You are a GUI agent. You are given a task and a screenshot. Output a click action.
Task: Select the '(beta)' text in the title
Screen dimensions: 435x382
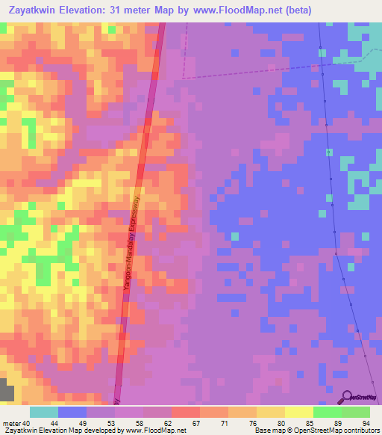(x=298, y=10)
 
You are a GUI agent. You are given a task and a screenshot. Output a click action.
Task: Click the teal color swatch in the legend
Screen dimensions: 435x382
(x=44, y=412)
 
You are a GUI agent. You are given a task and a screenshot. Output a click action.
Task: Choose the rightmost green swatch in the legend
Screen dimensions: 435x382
(x=356, y=412)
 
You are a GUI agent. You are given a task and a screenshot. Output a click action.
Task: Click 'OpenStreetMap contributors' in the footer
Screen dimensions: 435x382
(x=336, y=431)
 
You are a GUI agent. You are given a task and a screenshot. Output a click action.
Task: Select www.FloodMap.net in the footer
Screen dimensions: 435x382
(x=156, y=431)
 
